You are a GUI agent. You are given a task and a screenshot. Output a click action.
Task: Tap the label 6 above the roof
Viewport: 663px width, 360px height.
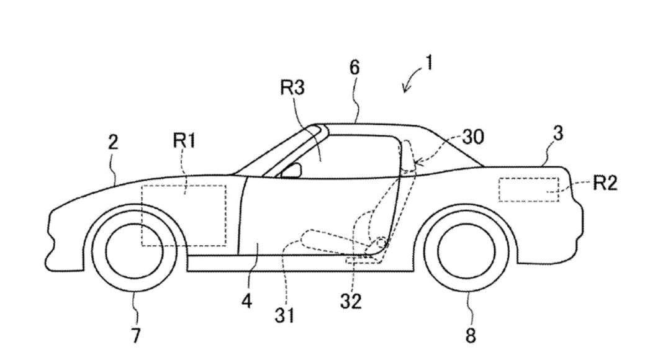tap(354, 68)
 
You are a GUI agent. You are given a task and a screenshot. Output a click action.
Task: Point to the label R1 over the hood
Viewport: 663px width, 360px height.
tap(184, 142)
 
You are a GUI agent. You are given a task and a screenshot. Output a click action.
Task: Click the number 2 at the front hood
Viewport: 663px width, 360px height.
tap(113, 143)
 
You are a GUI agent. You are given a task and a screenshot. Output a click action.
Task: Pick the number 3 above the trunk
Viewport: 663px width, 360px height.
tap(557, 134)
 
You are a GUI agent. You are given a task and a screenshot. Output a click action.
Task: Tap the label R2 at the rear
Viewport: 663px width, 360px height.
tap(605, 184)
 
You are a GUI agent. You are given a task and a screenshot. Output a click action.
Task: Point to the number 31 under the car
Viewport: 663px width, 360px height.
tap(286, 316)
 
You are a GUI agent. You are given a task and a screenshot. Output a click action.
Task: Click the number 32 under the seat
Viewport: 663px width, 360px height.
tap(351, 302)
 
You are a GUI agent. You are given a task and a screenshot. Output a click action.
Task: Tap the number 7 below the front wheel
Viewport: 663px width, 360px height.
tap(135, 335)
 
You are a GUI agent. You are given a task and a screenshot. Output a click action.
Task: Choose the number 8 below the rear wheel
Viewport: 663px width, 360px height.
tap(469, 335)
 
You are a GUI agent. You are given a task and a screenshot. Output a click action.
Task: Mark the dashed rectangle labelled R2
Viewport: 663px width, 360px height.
tap(528, 189)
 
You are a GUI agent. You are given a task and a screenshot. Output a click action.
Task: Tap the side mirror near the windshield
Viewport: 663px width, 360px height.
tap(292, 170)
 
